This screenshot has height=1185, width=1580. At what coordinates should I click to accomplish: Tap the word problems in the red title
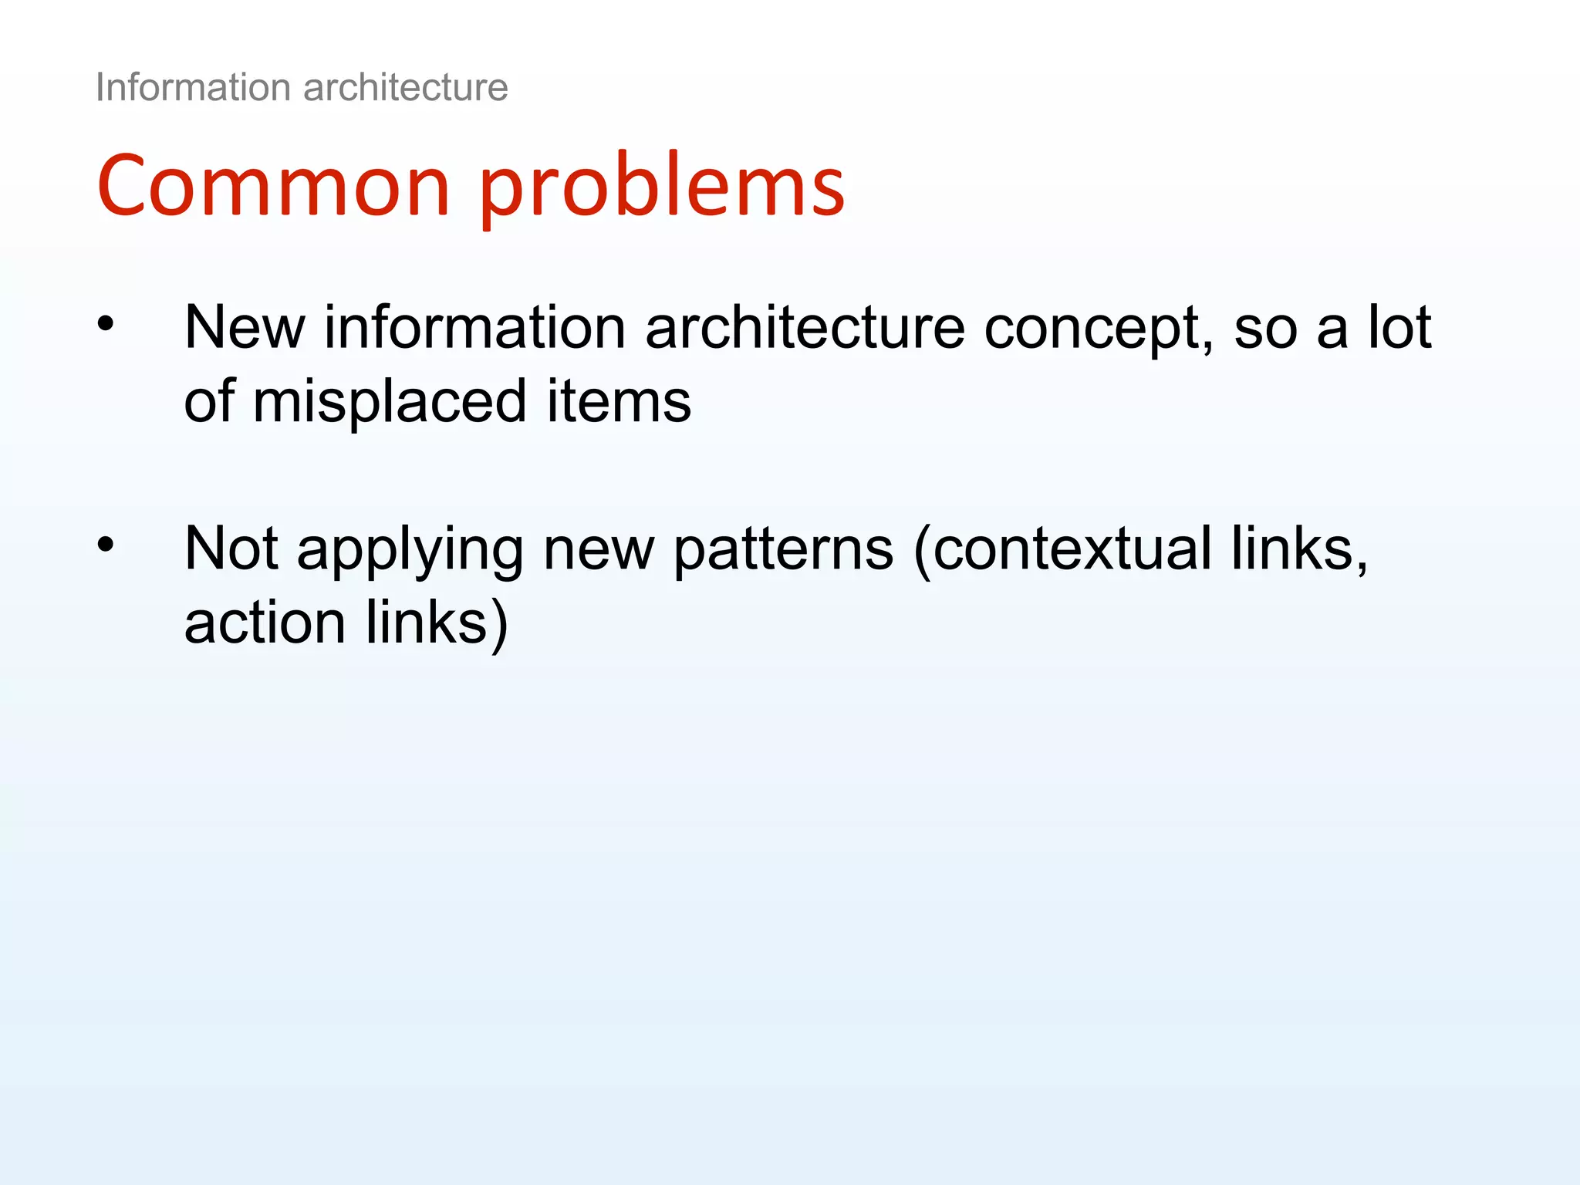(x=662, y=189)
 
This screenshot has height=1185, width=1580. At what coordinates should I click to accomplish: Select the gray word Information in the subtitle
(x=193, y=87)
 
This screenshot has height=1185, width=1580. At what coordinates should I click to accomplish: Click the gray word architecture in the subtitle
(x=406, y=87)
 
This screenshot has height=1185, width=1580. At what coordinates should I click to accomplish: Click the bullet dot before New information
(x=106, y=323)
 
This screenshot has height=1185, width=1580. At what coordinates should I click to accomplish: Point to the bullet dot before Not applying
(x=106, y=545)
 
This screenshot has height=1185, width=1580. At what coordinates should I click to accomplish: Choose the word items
(x=619, y=402)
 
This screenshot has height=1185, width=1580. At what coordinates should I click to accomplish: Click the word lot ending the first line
(x=1399, y=327)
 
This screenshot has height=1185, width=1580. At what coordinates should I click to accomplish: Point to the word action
(x=265, y=623)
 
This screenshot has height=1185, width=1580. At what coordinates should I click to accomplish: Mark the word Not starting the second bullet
(x=231, y=549)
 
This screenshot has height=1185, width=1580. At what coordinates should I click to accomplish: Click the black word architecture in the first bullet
(x=805, y=327)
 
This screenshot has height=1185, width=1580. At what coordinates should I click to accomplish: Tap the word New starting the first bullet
(x=245, y=327)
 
